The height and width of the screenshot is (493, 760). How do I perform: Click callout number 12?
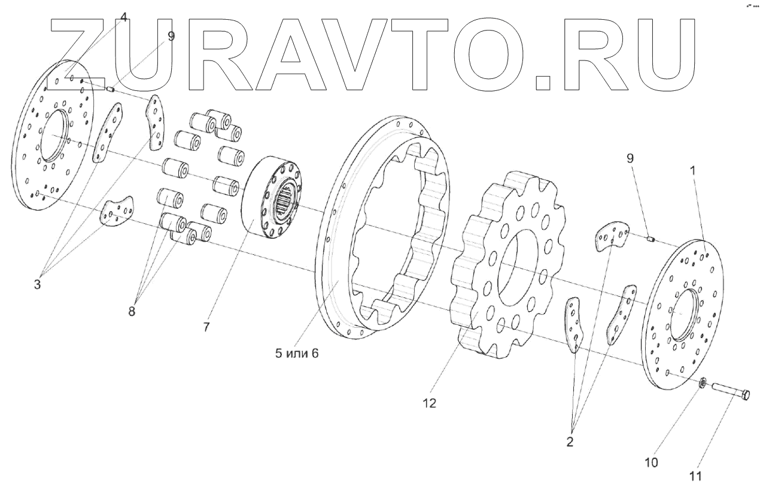point(429,403)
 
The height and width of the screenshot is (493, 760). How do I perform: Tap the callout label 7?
point(206,327)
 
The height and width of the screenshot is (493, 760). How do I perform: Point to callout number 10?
point(651,462)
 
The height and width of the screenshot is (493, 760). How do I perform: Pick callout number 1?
point(693,170)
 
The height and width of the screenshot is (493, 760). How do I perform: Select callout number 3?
point(37,285)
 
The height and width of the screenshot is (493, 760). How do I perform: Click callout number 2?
point(569,442)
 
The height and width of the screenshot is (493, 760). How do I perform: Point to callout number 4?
point(123,17)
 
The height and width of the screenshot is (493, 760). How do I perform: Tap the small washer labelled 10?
point(704,381)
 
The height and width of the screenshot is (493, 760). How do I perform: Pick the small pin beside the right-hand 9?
point(651,240)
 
